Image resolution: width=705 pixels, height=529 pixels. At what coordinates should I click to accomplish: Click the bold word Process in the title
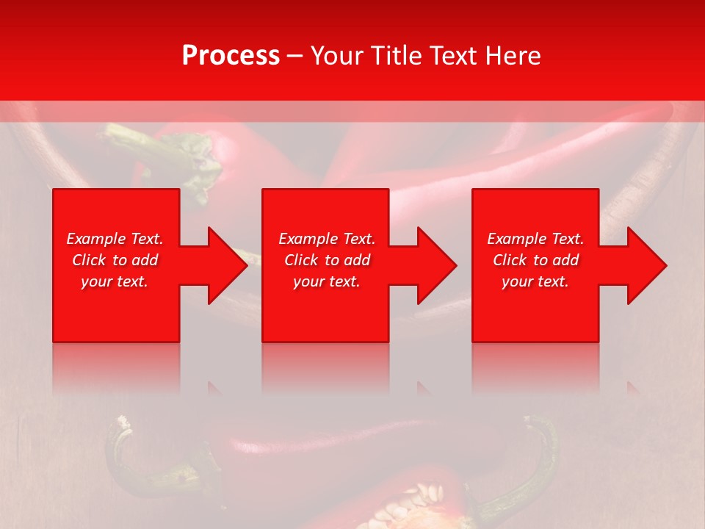(x=231, y=56)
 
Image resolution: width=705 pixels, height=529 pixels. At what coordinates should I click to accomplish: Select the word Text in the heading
(x=451, y=56)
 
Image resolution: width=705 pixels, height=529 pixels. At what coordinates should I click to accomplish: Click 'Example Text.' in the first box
(x=115, y=239)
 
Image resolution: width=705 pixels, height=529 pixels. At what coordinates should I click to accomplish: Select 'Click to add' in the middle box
(x=327, y=260)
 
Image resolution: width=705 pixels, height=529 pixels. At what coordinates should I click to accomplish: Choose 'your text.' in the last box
(x=535, y=281)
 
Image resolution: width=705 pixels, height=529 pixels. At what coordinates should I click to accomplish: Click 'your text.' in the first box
(x=115, y=281)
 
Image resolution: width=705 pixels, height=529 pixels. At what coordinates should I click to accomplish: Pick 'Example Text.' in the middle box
(x=327, y=239)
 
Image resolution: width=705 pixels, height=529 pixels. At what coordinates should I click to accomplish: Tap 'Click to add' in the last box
(x=535, y=260)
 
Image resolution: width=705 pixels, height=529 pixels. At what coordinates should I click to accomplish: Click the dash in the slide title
(x=295, y=56)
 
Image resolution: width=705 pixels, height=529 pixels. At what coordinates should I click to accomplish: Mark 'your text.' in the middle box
(x=327, y=281)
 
